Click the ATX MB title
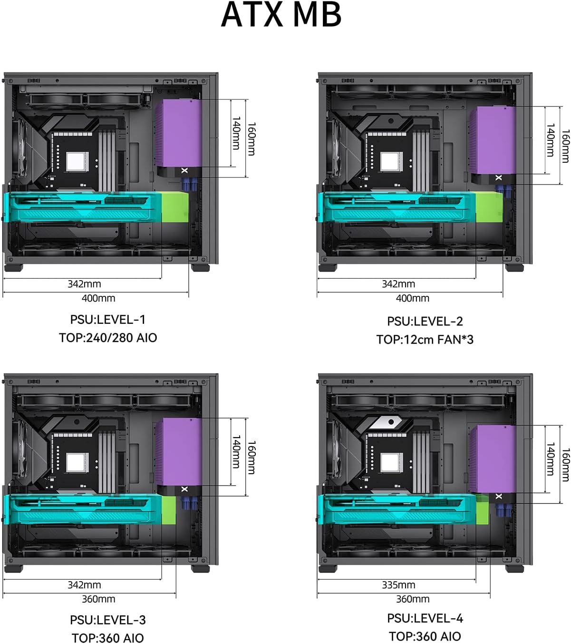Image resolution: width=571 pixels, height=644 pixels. [281, 15]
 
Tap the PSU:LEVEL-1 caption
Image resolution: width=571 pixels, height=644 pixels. [108, 320]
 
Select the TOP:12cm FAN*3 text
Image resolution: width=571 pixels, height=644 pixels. [425, 340]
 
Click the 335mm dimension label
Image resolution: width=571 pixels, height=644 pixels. [398, 585]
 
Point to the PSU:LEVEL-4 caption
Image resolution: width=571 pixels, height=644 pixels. [425, 618]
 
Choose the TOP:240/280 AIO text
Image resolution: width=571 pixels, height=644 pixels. [108, 338]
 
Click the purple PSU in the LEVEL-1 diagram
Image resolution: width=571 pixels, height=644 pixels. [179, 133]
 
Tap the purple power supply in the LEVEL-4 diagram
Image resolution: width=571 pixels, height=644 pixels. [493, 459]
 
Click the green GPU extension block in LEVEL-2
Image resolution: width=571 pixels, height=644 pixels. [489, 207]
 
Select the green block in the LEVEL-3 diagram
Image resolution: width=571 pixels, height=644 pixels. [168, 510]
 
